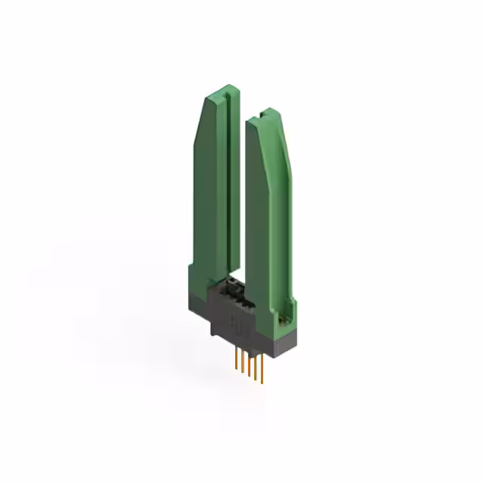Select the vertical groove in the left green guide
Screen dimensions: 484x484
click(x=227, y=181)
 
